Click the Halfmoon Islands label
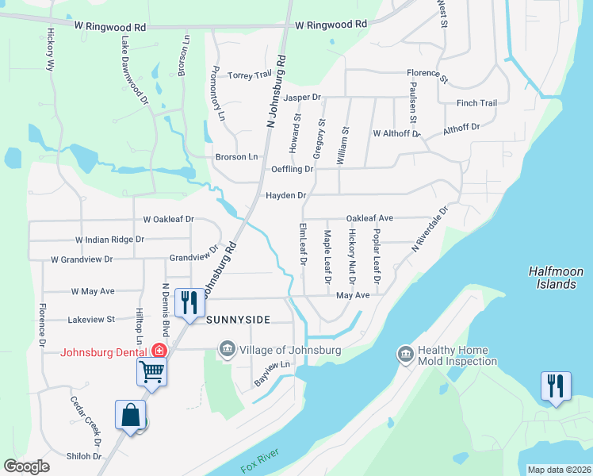556,278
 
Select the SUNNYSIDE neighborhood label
239,320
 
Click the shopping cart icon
151,369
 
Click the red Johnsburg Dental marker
159,350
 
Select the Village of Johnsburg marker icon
228,350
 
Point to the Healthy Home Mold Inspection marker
405,353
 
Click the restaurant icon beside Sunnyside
189,302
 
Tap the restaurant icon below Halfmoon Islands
555,386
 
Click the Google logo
27,466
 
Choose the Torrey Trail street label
251,75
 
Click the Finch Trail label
476,103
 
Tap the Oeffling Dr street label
293,169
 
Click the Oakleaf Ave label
370,218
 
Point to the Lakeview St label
92,320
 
